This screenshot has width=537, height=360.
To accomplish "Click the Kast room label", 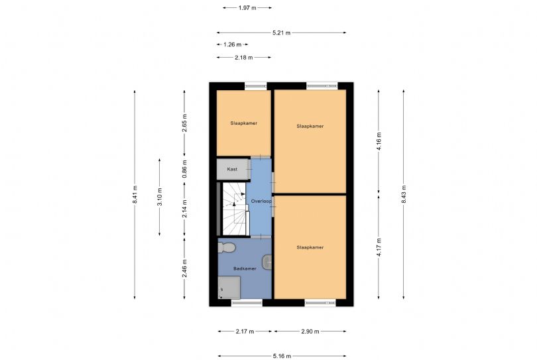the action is coord(232,169).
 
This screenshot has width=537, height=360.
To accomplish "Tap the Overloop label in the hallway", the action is coord(261,201).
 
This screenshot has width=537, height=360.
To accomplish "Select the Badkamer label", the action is coord(245,269).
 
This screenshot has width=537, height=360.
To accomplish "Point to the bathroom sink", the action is coord(267,262).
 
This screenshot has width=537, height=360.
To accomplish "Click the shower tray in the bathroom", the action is coord(229,288).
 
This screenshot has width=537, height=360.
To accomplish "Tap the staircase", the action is coord(235,209).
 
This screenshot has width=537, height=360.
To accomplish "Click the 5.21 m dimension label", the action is coord(282,33).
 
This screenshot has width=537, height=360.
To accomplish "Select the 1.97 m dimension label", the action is coord(247,7).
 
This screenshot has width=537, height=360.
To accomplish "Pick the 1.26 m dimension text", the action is coord(232,44).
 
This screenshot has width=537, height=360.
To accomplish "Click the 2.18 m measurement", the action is coord(244,58).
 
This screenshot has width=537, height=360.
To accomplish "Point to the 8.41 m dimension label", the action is coord(135,194).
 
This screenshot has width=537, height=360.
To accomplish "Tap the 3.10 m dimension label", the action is coord(160,197).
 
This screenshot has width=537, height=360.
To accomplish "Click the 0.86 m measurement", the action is coord(184,169).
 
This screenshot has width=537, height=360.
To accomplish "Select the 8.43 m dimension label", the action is coord(404,194).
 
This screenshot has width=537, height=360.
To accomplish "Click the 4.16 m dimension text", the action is coord(379,141).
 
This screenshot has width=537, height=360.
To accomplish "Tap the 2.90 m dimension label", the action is coord(310,331).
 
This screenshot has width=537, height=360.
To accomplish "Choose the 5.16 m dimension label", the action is coord(282,356).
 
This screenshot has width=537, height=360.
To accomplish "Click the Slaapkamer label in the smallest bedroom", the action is coord(244,123).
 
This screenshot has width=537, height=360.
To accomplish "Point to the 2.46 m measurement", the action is coord(184,269).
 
